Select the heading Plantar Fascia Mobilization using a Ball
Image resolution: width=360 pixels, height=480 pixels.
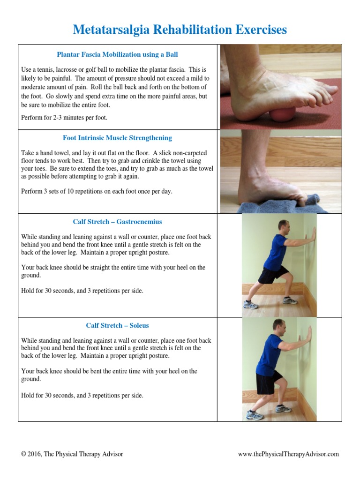point(117,54)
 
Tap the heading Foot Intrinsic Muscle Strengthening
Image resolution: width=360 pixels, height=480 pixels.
point(117,138)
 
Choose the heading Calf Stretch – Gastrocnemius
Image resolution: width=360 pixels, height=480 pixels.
point(117,222)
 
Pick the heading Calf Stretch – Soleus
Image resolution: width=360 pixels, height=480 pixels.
point(117,325)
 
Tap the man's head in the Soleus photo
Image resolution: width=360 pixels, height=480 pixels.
point(279,326)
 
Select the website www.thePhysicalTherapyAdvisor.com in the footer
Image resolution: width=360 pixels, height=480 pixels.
point(288,454)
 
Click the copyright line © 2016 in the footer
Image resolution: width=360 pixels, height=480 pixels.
point(72,454)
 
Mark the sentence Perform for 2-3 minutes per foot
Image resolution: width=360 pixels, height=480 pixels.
point(64,118)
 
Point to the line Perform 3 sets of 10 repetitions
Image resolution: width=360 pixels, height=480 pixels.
point(97,192)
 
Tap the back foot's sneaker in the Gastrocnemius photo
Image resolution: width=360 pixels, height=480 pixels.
point(251,305)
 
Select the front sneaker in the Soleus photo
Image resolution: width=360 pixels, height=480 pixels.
point(283,409)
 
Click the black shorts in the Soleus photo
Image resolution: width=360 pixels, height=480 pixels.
point(265,382)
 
